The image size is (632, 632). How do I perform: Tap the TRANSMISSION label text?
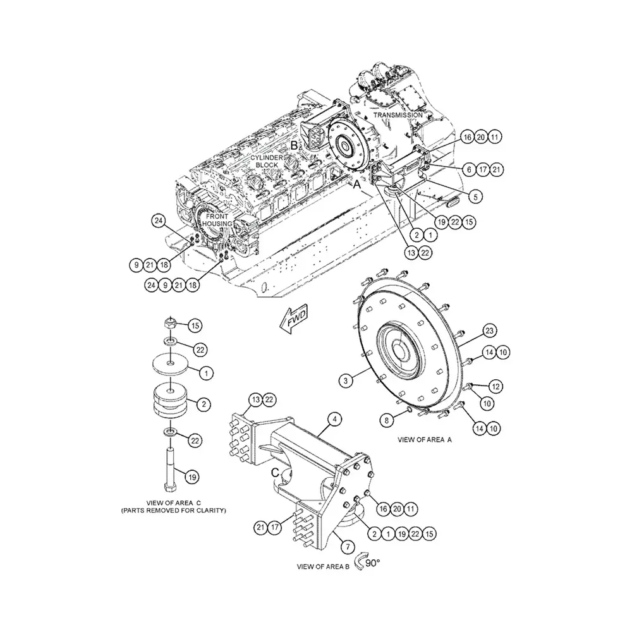pyautogui.click(x=398, y=115)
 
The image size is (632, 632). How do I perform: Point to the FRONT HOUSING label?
pyautogui.click(x=217, y=220)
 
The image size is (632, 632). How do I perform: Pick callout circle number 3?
pyautogui.click(x=345, y=380)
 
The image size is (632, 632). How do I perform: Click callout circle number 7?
pyautogui.click(x=348, y=544)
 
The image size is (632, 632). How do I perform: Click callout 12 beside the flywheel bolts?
pyautogui.click(x=496, y=386)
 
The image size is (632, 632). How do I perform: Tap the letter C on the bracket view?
pyautogui.click(x=275, y=472)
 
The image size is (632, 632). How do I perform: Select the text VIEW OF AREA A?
pyautogui.click(x=425, y=439)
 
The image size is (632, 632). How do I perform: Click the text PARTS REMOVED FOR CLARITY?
pyautogui.click(x=173, y=509)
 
